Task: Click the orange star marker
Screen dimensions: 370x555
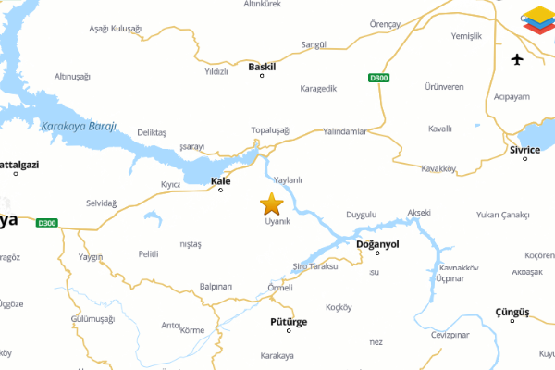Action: point(271,203)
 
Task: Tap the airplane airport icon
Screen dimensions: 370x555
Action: point(517,60)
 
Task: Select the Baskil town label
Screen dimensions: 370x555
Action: point(262,66)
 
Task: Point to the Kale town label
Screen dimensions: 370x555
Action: point(220,180)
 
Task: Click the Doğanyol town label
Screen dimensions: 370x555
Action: point(376,244)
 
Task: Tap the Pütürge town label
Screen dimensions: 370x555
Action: point(288,322)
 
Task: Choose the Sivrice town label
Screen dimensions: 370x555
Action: point(524,149)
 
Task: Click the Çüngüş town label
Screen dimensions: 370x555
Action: point(510,313)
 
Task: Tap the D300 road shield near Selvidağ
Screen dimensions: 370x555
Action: point(47,223)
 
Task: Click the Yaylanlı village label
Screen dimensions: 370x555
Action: point(289,179)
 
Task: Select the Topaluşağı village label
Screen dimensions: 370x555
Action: point(271,130)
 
